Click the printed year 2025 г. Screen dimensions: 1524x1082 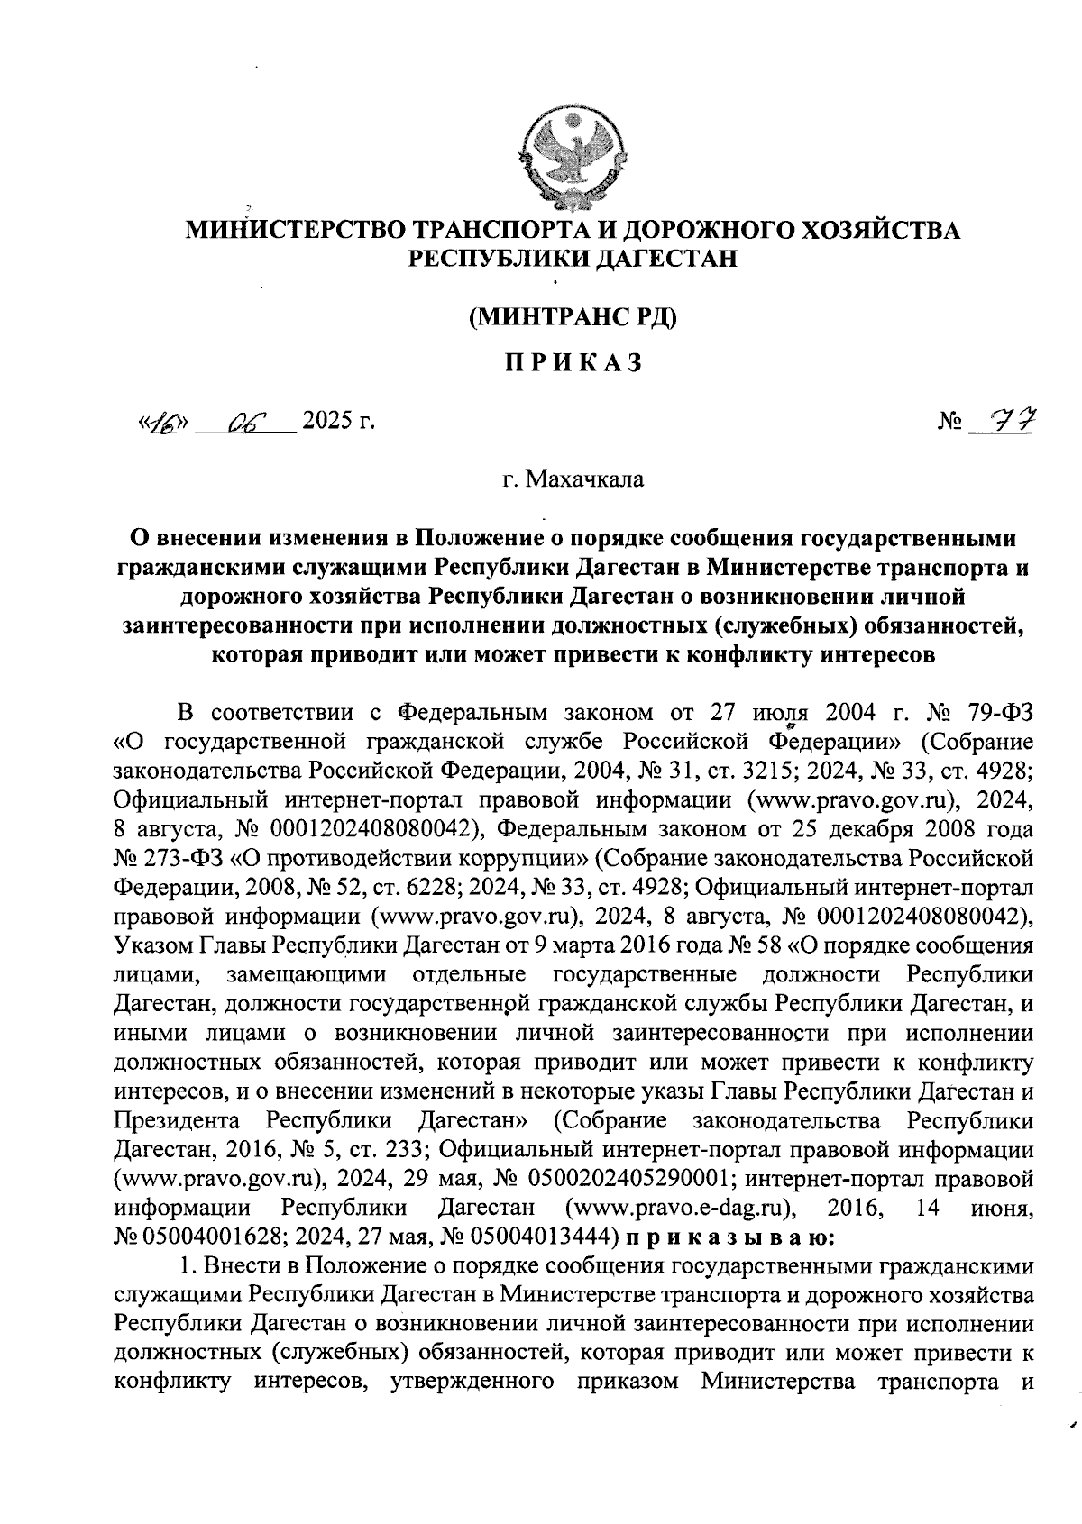click(337, 421)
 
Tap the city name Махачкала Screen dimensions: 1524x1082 click(573, 479)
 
